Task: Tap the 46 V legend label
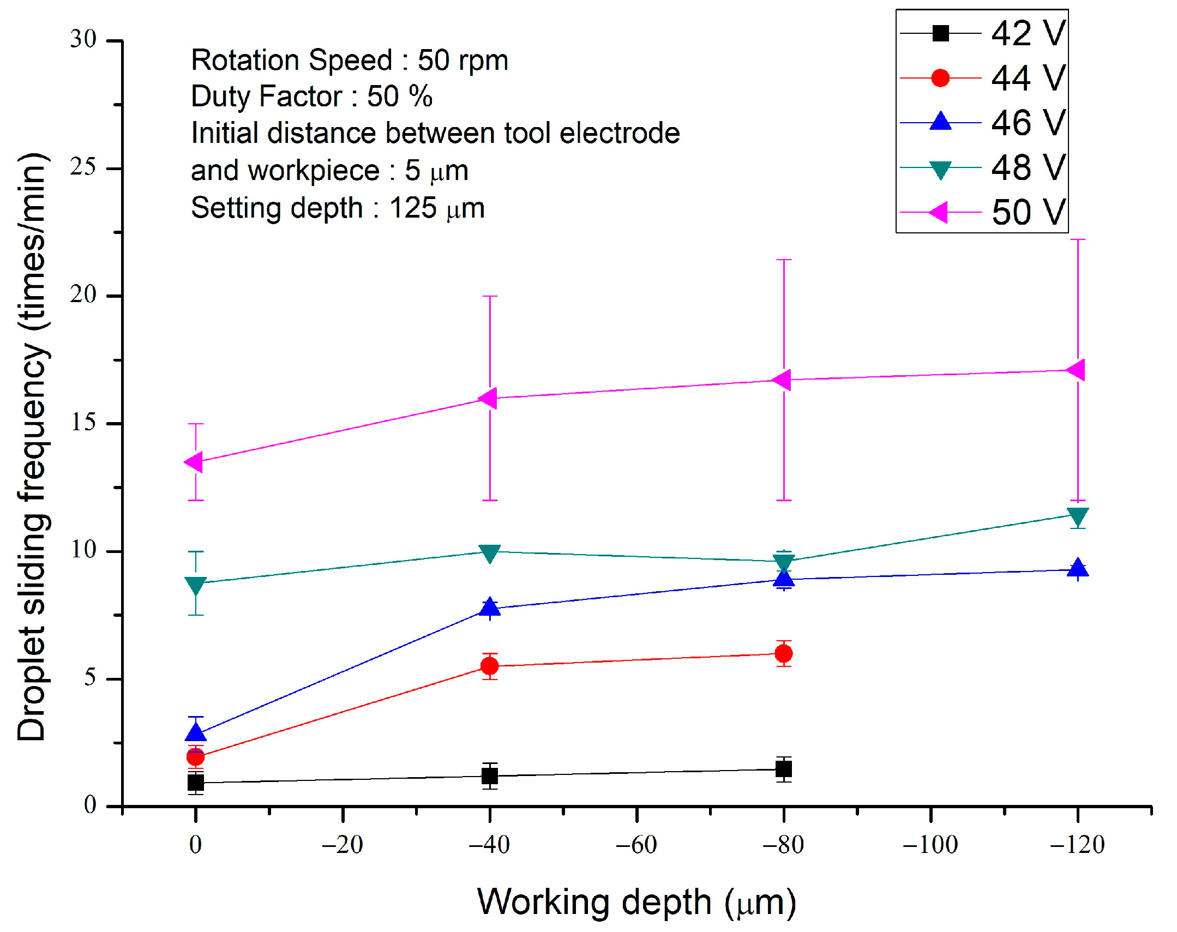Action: (x=1028, y=122)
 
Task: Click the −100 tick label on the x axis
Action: (x=930, y=845)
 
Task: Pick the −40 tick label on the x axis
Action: (x=489, y=845)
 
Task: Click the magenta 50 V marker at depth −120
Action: (x=1076, y=370)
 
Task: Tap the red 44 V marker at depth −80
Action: (x=784, y=653)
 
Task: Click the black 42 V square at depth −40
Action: (x=489, y=775)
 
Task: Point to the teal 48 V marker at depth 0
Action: (x=195, y=585)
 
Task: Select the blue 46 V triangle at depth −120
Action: (x=1077, y=569)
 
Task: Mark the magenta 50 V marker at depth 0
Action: (x=194, y=461)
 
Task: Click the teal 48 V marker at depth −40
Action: (x=489, y=553)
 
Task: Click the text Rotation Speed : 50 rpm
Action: (x=349, y=60)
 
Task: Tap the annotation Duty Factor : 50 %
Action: (x=311, y=97)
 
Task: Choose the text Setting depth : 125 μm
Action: (x=337, y=208)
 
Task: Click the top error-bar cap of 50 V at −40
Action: (x=489, y=296)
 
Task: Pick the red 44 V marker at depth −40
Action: (x=489, y=666)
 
